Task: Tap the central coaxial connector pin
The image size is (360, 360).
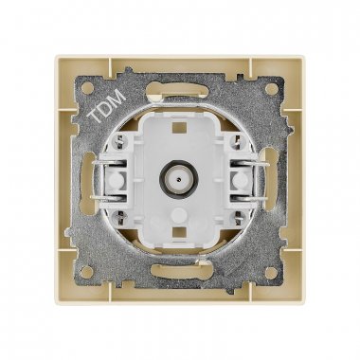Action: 179,180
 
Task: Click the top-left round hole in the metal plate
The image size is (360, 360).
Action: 85,87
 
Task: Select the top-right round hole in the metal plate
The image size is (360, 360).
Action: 270,87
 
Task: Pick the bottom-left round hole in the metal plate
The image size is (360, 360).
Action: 85,270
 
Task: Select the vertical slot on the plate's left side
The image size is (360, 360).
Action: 88,179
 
